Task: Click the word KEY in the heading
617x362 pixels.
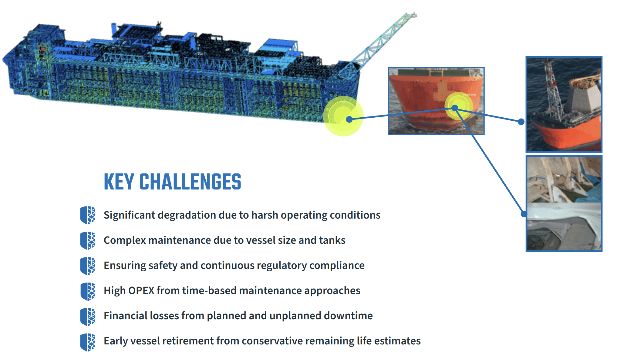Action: [x=119, y=182]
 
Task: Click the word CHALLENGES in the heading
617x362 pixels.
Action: [x=190, y=182]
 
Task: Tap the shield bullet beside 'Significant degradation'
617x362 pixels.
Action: [x=88, y=215]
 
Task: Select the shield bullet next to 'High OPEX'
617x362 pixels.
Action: [x=88, y=291]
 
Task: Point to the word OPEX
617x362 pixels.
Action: [x=141, y=290]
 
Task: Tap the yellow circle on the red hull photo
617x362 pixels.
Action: [x=458, y=106]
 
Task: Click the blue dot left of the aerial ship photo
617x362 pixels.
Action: [x=521, y=122]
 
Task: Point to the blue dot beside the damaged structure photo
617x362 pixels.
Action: [x=524, y=214]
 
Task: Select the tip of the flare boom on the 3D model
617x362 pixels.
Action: [x=414, y=15]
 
